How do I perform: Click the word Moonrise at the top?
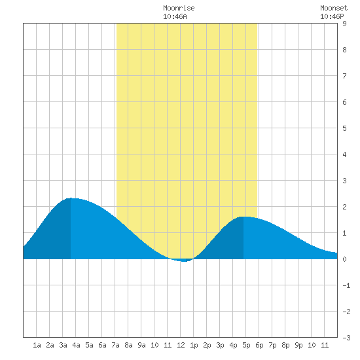point(179,8)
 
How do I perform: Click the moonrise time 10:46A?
point(175,16)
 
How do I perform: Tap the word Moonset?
point(334,8)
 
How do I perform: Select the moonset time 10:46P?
point(332,16)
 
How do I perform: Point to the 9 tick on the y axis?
point(344,24)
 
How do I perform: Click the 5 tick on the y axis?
point(344,128)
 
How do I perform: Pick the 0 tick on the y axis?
point(344,259)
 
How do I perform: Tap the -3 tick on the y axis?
point(346,338)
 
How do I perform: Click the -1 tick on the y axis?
point(346,285)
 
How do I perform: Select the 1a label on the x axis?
point(37,345)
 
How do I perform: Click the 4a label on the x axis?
point(76,345)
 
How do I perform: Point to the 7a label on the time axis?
point(115,345)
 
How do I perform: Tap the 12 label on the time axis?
point(181,345)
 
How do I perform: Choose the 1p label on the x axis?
point(194,345)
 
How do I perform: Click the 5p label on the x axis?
point(246,345)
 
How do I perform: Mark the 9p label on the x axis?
point(298,345)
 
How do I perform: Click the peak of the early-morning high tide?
point(71,198)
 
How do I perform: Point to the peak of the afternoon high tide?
point(243,217)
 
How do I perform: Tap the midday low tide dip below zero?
point(184,261)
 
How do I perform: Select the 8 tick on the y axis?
point(344,50)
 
